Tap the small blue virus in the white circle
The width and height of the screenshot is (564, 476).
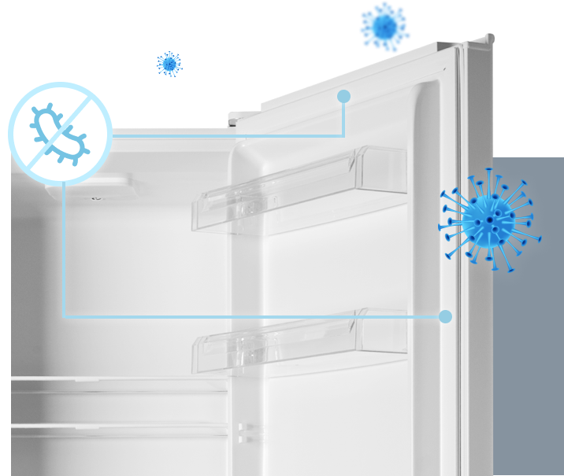coord(168,64)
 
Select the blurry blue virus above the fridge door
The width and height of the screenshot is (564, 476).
coord(384,26)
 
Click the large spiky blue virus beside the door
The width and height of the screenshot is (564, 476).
coord(489,223)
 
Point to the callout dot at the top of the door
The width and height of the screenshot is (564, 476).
coord(343,97)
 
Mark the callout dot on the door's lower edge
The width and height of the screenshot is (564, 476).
coord(445,316)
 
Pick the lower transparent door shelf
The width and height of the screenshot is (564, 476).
coord(299,340)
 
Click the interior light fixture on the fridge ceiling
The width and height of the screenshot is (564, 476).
coord(98,189)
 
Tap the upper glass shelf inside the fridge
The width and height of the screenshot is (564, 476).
coord(118,383)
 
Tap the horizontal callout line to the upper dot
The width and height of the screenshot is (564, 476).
coord(228,135)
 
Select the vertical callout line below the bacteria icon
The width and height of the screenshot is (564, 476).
coord(64,252)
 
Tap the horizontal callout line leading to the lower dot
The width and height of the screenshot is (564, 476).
coord(252,317)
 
